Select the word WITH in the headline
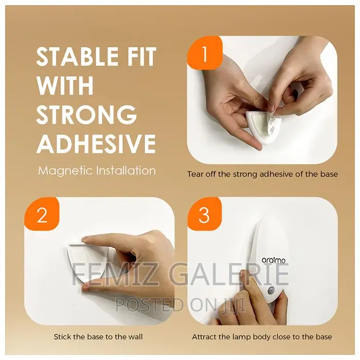tap(65, 85)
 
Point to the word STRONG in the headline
tap(86, 114)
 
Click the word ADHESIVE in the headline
tap(96, 143)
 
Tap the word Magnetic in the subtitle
tap(65, 171)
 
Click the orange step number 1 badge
tap(205, 53)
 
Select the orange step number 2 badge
tap(42, 214)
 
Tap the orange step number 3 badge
tap(204, 214)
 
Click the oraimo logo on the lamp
tap(274, 260)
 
